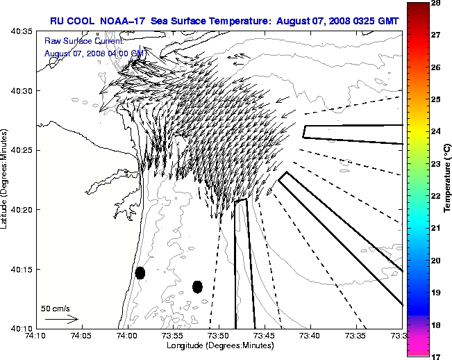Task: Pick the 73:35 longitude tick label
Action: tap(356, 336)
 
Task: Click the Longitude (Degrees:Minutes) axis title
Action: tap(219, 345)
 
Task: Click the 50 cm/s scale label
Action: tap(56, 308)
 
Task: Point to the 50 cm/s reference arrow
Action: tap(61, 319)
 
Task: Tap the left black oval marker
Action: tap(140, 272)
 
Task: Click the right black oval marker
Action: tap(197, 286)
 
